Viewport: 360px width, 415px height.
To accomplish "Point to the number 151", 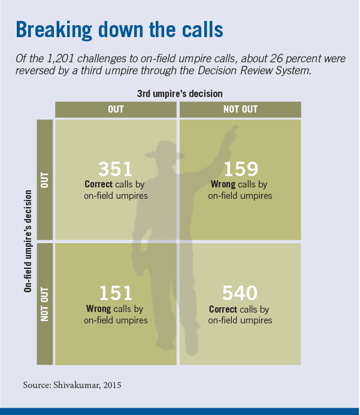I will pyautogui.click(x=116, y=294).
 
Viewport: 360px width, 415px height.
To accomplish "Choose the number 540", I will pyautogui.click(x=240, y=294).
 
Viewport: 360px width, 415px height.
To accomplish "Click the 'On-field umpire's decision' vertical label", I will pyautogui.click(x=28, y=241).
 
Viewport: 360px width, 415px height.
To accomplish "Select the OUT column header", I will pyautogui.click(x=116, y=110).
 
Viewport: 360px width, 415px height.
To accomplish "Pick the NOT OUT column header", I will pyautogui.click(x=240, y=110).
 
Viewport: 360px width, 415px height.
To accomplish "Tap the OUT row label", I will pyautogui.click(x=44, y=180).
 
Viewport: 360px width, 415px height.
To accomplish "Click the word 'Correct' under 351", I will pyautogui.click(x=99, y=185).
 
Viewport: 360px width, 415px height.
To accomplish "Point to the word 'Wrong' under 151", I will pyautogui.click(x=99, y=309).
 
